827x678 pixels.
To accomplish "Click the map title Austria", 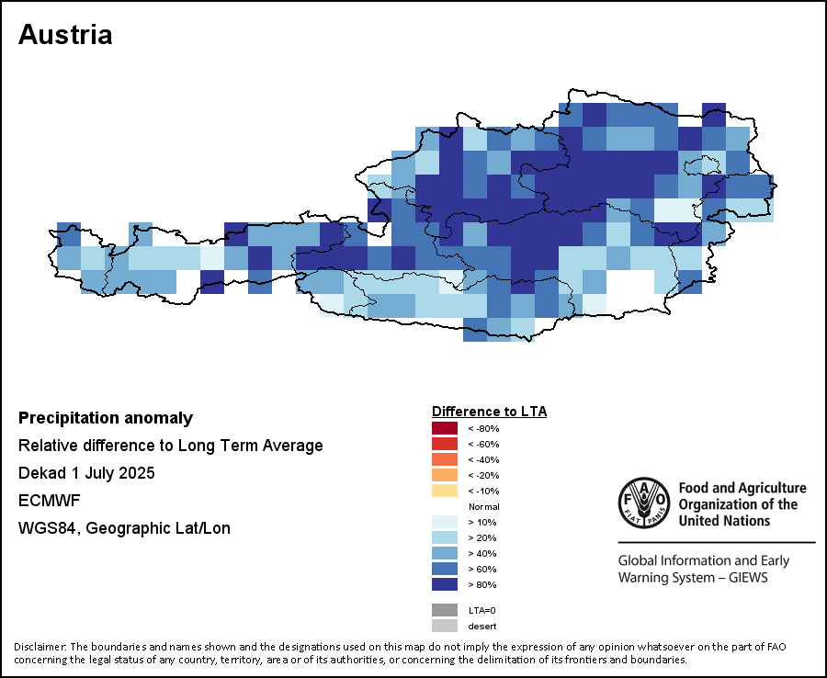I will [x=65, y=35].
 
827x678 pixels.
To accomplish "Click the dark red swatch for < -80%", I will [x=444, y=428].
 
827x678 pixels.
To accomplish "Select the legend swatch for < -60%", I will [x=444, y=444].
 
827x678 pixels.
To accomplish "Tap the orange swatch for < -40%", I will [x=444, y=459].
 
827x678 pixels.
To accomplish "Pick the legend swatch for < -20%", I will [x=444, y=475].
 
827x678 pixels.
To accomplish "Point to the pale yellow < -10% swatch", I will [x=444, y=491].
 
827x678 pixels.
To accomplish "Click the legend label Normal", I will [x=483, y=506].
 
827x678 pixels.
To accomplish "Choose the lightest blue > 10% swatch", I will [x=444, y=522].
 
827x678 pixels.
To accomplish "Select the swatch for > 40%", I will [x=444, y=553].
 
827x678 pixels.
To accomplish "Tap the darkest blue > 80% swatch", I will [x=444, y=584].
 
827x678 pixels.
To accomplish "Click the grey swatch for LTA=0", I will [x=444, y=610].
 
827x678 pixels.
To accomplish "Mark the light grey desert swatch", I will [x=444, y=626].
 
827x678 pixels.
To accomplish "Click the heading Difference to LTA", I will [x=489, y=411].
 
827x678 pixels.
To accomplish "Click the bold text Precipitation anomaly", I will [x=106, y=418].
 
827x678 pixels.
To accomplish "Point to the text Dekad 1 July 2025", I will [x=86, y=473].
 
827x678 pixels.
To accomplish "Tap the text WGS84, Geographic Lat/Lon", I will [x=124, y=528].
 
